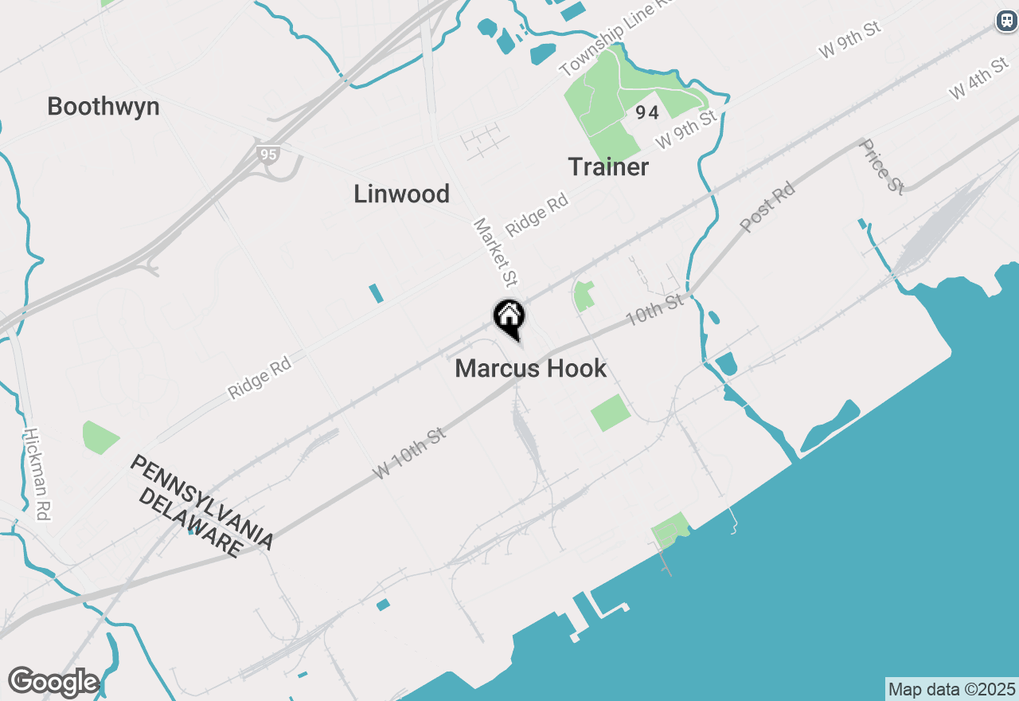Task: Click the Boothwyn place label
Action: pos(103,107)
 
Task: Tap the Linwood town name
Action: pos(401,194)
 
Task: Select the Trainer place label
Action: pos(608,167)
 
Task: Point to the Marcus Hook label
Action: pos(531,369)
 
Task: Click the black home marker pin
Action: pos(509,317)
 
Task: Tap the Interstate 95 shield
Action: pos(268,154)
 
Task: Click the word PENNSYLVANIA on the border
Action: pos(202,502)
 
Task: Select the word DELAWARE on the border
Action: pos(190,523)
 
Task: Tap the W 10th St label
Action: pos(408,454)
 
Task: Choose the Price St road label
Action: pos(882,166)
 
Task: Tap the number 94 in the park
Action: pos(647,113)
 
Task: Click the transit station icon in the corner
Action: pos(1007,21)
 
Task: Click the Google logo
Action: pos(53,682)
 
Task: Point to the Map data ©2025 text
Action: pos(951,689)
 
